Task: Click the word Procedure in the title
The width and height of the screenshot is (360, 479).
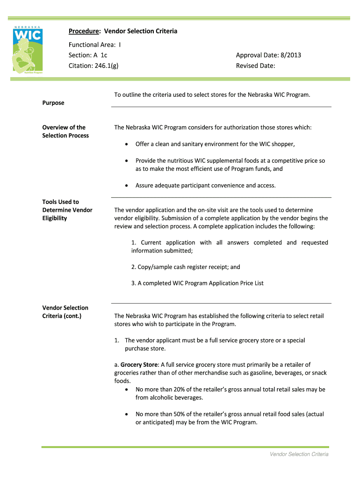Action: coord(84,31)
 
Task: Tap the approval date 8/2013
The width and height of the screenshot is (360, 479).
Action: coord(289,55)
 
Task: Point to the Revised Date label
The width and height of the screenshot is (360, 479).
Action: coord(255,66)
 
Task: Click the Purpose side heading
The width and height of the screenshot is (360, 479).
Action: coord(53,103)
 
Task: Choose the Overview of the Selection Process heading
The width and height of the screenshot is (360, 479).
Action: coord(65,131)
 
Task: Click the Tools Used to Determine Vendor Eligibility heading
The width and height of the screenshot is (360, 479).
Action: coord(67,210)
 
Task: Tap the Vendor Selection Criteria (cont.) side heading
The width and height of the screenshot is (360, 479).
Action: coord(65,312)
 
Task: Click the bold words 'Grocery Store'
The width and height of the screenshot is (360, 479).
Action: coord(139,364)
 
